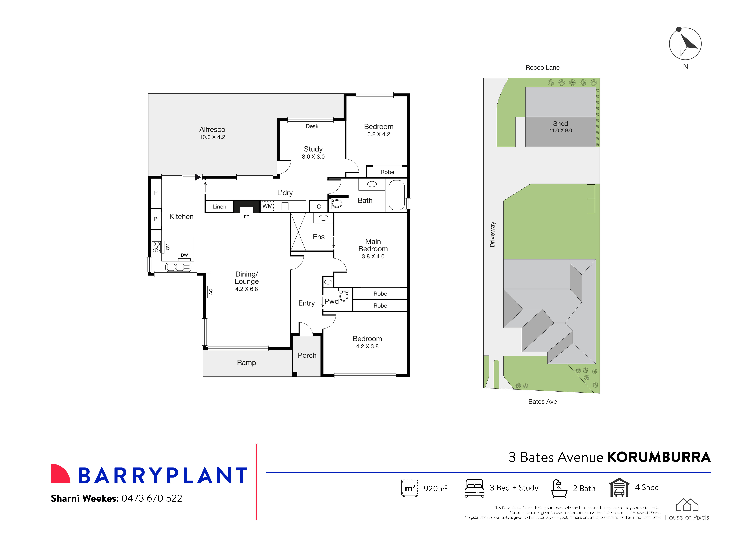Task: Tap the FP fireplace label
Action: tap(247, 217)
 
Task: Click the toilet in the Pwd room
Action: tap(344, 295)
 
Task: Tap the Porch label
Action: tap(307, 355)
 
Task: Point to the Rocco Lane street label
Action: tap(543, 68)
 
